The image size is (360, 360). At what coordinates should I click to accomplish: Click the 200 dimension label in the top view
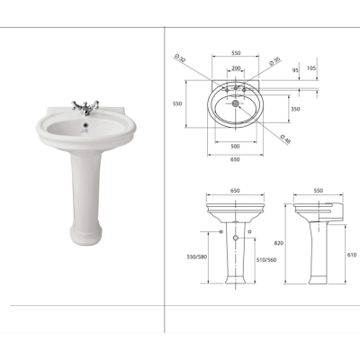236,68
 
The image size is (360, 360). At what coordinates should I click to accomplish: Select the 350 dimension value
295,109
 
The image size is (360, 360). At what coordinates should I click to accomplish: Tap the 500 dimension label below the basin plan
236,147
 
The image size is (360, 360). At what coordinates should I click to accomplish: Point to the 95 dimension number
295,70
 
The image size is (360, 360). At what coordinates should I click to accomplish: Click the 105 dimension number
311,68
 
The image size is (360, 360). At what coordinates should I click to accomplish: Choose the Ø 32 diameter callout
180,58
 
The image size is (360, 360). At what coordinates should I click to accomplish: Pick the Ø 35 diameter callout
274,61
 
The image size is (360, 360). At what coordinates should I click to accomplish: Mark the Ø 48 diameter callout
285,139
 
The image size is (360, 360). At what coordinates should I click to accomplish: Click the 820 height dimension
279,243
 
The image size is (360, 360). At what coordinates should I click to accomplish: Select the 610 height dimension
352,255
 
